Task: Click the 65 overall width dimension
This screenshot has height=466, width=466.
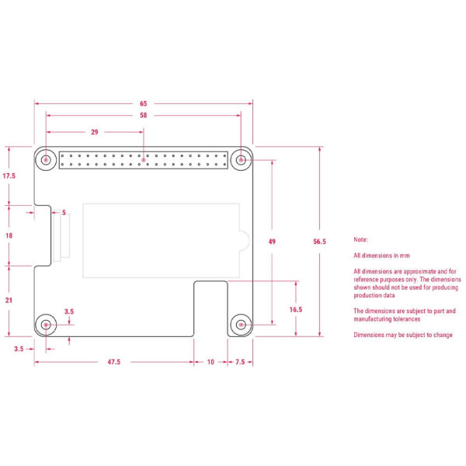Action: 144,103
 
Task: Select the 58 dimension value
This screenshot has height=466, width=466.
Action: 144,116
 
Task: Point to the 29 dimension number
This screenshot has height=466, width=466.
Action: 95,132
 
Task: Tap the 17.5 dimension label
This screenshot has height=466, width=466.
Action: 9,176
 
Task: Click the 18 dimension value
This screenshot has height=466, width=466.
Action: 9,235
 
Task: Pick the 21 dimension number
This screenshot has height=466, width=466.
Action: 9,300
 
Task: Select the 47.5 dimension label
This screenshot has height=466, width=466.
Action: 113,361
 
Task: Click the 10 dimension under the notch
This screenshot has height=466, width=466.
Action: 210,361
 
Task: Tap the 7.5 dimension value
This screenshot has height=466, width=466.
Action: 239,361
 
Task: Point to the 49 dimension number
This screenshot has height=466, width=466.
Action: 272,242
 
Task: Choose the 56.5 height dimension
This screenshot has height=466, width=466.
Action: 319,242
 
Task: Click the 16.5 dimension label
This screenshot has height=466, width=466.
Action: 296,309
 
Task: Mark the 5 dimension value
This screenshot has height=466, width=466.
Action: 64,212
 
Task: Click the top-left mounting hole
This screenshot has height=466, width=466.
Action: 47,161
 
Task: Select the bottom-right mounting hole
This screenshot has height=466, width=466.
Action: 242,323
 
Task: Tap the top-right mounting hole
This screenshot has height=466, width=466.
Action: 242,161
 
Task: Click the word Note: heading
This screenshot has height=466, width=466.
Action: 360,240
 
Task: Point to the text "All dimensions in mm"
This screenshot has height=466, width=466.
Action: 382,255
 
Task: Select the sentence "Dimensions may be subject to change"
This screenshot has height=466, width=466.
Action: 402,335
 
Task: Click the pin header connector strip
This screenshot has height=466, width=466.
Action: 144,161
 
